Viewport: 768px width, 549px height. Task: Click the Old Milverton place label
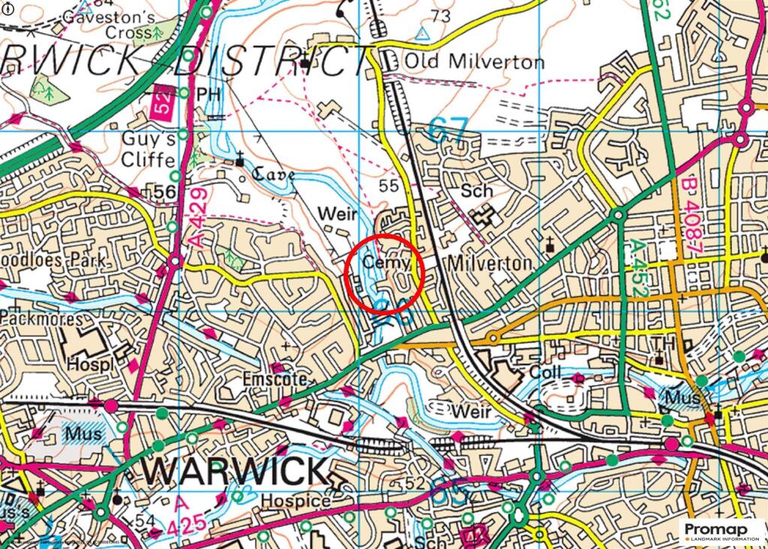[474, 62]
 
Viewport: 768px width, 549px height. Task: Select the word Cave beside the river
[272, 174]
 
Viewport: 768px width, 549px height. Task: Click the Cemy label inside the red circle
[386, 263]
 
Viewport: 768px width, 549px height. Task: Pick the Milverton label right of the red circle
[490, 264]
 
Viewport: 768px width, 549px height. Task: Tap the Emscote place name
[274, 380]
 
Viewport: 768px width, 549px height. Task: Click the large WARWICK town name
[235, 472]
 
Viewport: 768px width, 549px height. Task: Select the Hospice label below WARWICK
[295, 501]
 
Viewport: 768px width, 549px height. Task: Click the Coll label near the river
[544, 373]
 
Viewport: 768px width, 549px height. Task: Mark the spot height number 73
[441, 16]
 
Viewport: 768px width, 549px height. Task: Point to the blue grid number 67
[448, 128]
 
